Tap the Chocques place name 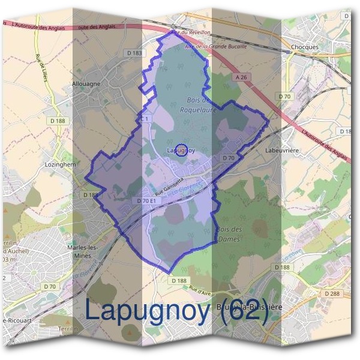304,47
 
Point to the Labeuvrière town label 282,151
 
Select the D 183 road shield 135,53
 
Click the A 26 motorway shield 241,77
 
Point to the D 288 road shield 332,293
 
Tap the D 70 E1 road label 146,201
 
